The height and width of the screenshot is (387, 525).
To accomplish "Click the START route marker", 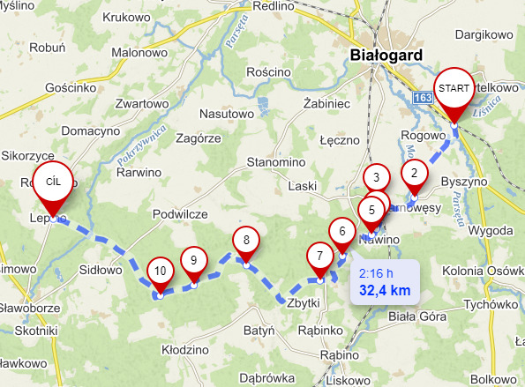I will point(454,89).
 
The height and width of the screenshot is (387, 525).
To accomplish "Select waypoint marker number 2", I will point(412,173).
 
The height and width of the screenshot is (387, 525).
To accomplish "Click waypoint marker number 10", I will point(159,271).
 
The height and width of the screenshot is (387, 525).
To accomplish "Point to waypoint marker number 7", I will point(320,257).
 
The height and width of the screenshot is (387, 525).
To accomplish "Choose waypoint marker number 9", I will point(193,260).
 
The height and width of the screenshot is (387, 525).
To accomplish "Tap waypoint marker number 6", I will point(341,232).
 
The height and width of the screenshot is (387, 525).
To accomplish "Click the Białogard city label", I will point(381,56).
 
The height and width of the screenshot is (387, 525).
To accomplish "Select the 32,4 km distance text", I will point(384,289).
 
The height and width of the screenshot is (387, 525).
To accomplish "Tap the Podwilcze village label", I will point(180,214).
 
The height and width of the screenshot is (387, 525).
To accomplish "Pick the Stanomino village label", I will point(275,163).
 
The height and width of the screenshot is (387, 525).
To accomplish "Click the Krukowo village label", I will point(129,17).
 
